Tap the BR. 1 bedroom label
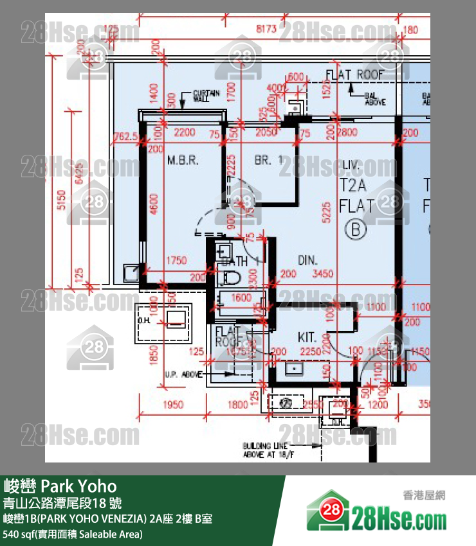(268, 161)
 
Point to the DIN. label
(309, 260)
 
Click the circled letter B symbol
(356, 228)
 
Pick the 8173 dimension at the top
(266, 29)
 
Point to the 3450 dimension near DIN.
(322, 274)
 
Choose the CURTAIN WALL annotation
(206, 96)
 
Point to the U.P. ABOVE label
(183, 374)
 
